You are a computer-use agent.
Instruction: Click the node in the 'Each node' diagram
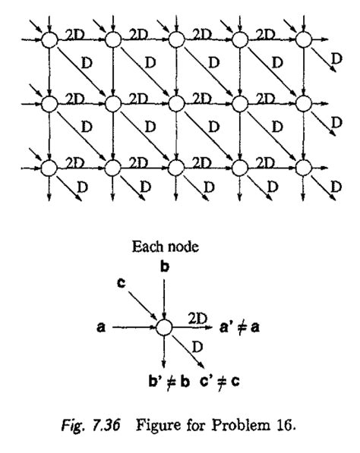(x=165, y=327)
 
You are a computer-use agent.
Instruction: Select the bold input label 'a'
(x=101, y=328)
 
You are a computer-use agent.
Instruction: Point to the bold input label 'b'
(x=165, y=266)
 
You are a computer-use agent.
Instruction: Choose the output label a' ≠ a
(x=242, y=328)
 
